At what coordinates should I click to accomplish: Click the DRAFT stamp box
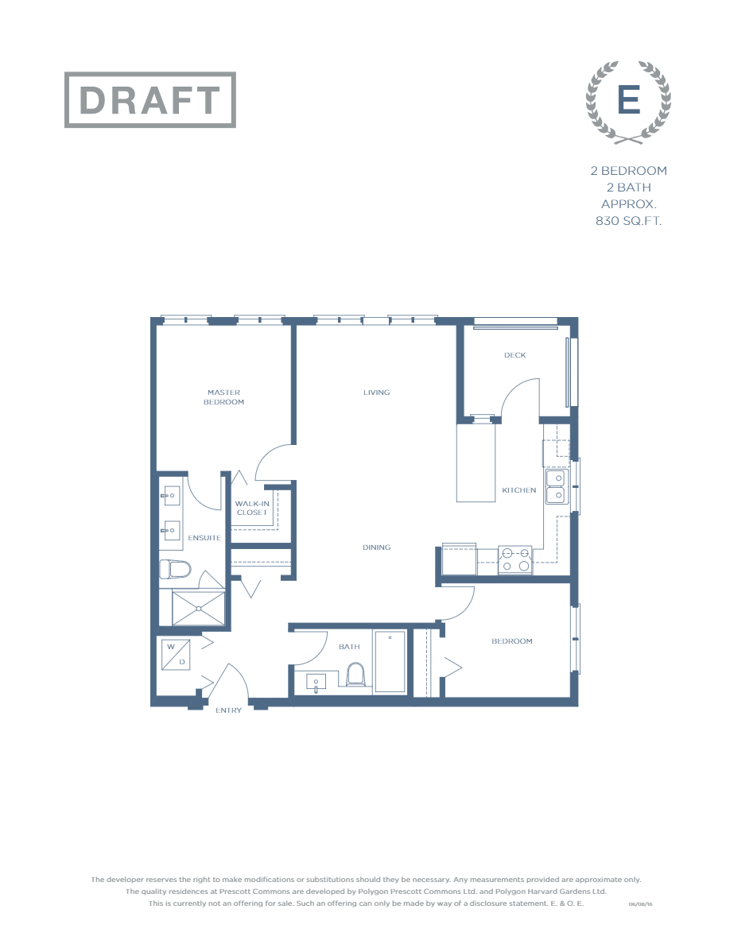pos(150,100)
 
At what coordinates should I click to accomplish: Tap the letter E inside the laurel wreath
pos(629,101)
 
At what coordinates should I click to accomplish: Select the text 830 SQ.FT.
pos(628,221)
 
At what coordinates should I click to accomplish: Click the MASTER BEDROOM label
pos(223,397)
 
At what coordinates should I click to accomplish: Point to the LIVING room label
pos(376,393)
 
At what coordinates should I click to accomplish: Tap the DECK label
pos(514,355)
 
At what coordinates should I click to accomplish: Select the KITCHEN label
pos(518,490)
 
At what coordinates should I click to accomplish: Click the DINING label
pos(376,547)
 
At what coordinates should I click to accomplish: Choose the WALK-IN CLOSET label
pos(252,509)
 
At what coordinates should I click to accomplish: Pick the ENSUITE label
pos(204,538)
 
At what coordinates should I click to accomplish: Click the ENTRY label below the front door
pos(228,710)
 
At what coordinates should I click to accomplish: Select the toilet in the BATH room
pos(355,675)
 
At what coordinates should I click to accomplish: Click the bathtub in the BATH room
pos(390,661)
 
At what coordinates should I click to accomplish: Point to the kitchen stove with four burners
pos(514,560)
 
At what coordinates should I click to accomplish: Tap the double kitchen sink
pos(554,486)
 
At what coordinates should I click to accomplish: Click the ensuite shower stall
pos(199,608)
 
